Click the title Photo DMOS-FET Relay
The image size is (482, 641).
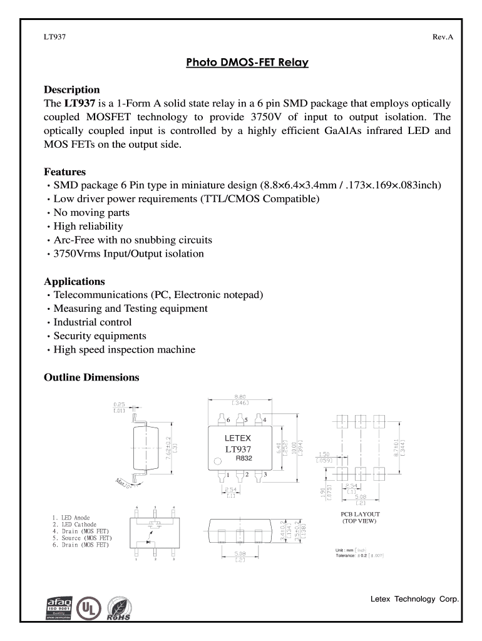(247, 63)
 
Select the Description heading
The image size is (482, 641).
(71, 90)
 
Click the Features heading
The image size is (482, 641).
(64, 172)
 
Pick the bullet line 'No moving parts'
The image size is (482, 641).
(91, 213)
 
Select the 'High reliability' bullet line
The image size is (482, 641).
(88, 227)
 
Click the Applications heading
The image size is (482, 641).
(74, 281)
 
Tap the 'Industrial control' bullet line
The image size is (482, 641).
(92, 322)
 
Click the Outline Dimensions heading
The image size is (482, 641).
(91, 377)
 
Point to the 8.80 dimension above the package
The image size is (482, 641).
(239, 397)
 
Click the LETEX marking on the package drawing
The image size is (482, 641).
(238, 438)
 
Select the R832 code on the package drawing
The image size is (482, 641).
(244, 458)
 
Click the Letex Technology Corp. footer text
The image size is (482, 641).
(414, 599)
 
